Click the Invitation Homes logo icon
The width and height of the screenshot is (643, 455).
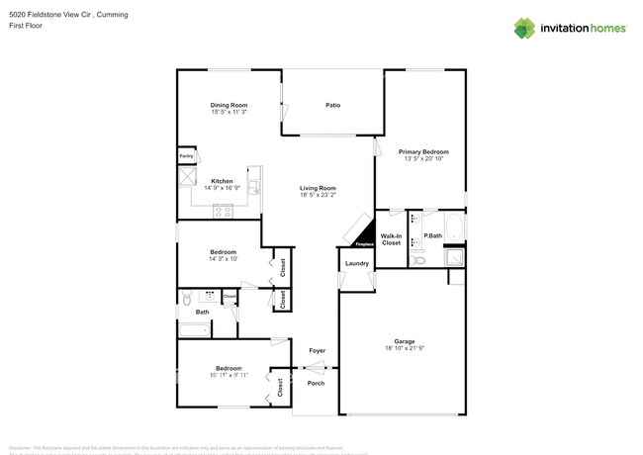(x=524, y=28)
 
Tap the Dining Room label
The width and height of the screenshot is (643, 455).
(x=229, y=105)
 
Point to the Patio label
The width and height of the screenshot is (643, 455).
(x=333, y=105)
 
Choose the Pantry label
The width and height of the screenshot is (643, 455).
(x=186, y=156)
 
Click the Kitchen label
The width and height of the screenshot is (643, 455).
(x=222, y=181)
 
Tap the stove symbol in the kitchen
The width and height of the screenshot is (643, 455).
(x=223, y=210)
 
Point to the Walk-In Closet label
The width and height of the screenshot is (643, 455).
(x=391, y=239)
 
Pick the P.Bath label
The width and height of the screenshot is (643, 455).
(x=431, y=235)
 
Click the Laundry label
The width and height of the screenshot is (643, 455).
(x=357, y=263)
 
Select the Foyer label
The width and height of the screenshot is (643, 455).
(x=317, y=350)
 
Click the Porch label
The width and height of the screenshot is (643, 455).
(x=316, y=383)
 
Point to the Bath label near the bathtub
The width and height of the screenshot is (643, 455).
(x=202, y=313)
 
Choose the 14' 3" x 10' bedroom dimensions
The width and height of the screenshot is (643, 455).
(x=223, y=259)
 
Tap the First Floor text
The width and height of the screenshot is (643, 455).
(x=24, y=27)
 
